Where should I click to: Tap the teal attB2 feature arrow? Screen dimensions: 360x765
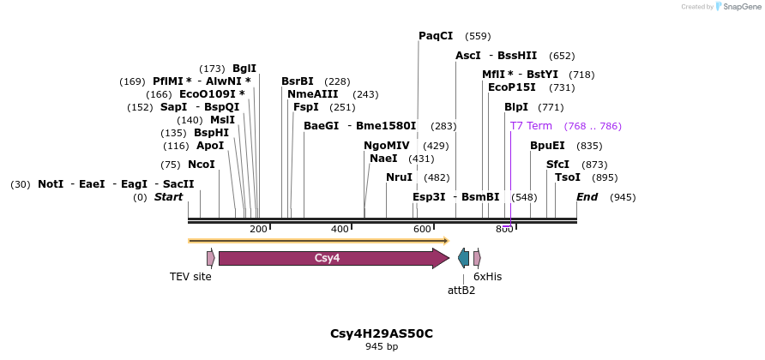point(464,258)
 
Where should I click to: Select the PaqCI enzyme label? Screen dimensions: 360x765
point(436,36)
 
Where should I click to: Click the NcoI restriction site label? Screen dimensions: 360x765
point(202,165)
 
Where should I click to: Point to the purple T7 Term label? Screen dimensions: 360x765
point(531,126)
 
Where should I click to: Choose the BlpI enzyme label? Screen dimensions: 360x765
point(516,107)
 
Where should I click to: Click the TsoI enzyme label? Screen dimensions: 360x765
point(568,177)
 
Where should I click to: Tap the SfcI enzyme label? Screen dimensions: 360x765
point(557,165)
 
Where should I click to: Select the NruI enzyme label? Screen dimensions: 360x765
point(399,177)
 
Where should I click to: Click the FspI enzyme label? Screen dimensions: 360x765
point(306,107)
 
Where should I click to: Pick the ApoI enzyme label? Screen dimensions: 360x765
point(210,146)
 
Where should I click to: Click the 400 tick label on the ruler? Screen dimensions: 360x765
point(340,229)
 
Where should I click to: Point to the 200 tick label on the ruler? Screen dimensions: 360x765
point(258,229)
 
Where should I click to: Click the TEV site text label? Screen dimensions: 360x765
point(190,277)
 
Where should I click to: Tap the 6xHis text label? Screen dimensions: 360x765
point(487,277)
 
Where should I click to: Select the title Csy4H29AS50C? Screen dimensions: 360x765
point(382,333)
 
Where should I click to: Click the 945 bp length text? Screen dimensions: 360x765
point(382,347)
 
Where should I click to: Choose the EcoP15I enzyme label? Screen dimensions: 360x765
point(512,87)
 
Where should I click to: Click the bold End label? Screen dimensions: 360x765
point(587,197)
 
